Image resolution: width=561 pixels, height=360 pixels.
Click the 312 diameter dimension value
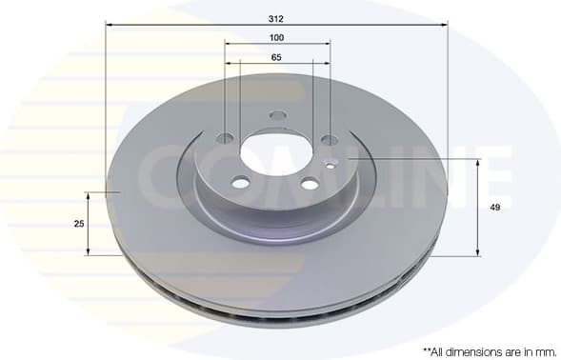pos(276,17)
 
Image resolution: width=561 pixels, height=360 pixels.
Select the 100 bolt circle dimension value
pos(276,37)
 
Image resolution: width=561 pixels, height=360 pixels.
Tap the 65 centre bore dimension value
pos(276,58)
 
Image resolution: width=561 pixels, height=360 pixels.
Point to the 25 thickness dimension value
pos(80,223)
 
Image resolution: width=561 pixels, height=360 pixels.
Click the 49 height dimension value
pos(495,207)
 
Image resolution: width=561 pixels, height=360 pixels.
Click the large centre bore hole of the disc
pos(275,151)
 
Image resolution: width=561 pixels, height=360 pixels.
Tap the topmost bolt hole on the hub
pos(277,116)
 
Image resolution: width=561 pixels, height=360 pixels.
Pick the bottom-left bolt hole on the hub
pos(241,182)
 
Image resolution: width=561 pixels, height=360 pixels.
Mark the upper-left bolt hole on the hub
pos(225,138)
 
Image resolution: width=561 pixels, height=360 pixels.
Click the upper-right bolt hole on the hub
pos(329,140)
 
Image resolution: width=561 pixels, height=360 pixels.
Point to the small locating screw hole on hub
pos(331,163)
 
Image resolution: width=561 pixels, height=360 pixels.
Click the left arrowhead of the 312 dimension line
pos(109,25)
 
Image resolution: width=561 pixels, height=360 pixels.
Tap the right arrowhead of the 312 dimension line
pos(444,25)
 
